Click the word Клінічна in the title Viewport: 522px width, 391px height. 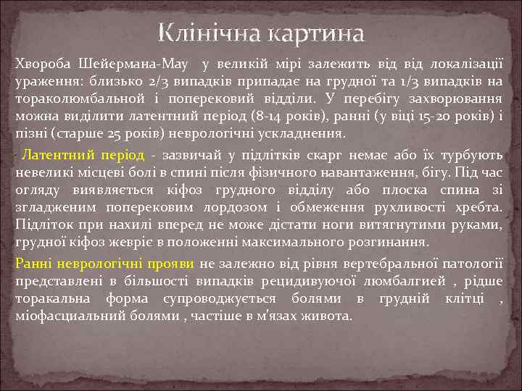tap(210, 33)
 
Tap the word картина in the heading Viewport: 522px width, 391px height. tap(315, 33)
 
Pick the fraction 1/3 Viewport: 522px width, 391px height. tap(416, 82)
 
